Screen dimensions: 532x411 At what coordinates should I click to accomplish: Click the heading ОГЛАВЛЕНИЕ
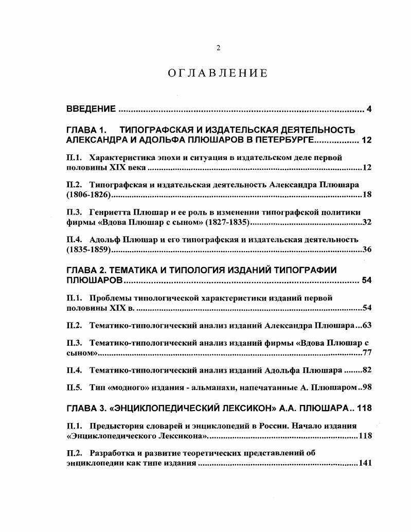(x=218, y=73)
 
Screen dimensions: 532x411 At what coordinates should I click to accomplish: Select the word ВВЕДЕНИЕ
(x=92, y=109)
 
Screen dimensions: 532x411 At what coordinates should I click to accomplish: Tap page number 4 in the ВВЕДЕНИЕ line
(x=369, y=109)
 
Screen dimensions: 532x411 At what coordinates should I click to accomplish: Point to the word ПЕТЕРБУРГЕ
(x=277, y=140)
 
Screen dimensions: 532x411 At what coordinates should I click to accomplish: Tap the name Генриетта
(x=112, y=212)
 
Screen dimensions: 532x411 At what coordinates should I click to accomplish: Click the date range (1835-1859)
(x=89, y=250)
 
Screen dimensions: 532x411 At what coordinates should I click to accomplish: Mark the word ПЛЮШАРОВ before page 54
(x=95, y=280)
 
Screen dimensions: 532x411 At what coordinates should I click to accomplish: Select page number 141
(x=365, y=463)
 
